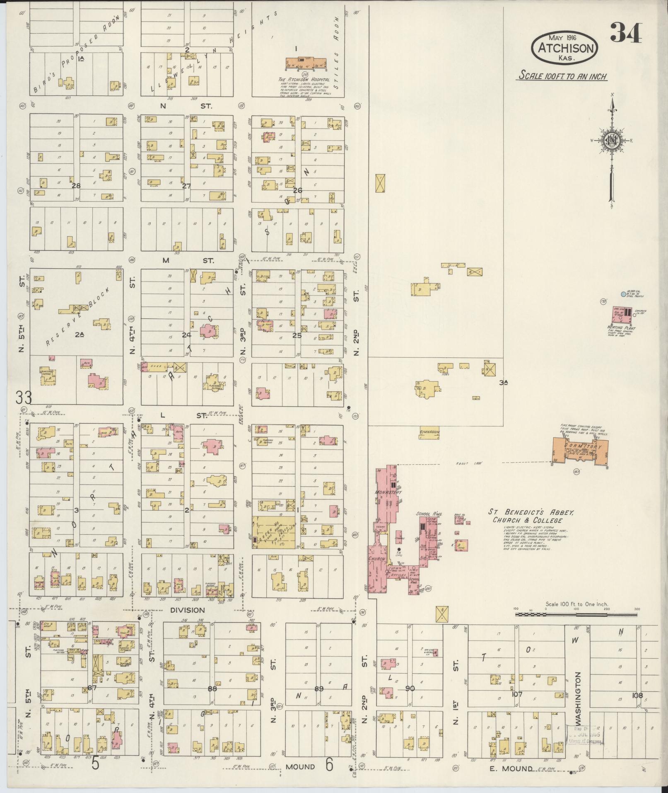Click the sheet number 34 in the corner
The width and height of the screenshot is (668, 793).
(x=626, y=33)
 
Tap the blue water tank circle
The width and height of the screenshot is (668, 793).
(x=623, y=294)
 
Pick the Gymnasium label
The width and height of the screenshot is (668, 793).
(x=429, y=432)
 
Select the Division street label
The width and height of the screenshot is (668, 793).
(x=188, y=610)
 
